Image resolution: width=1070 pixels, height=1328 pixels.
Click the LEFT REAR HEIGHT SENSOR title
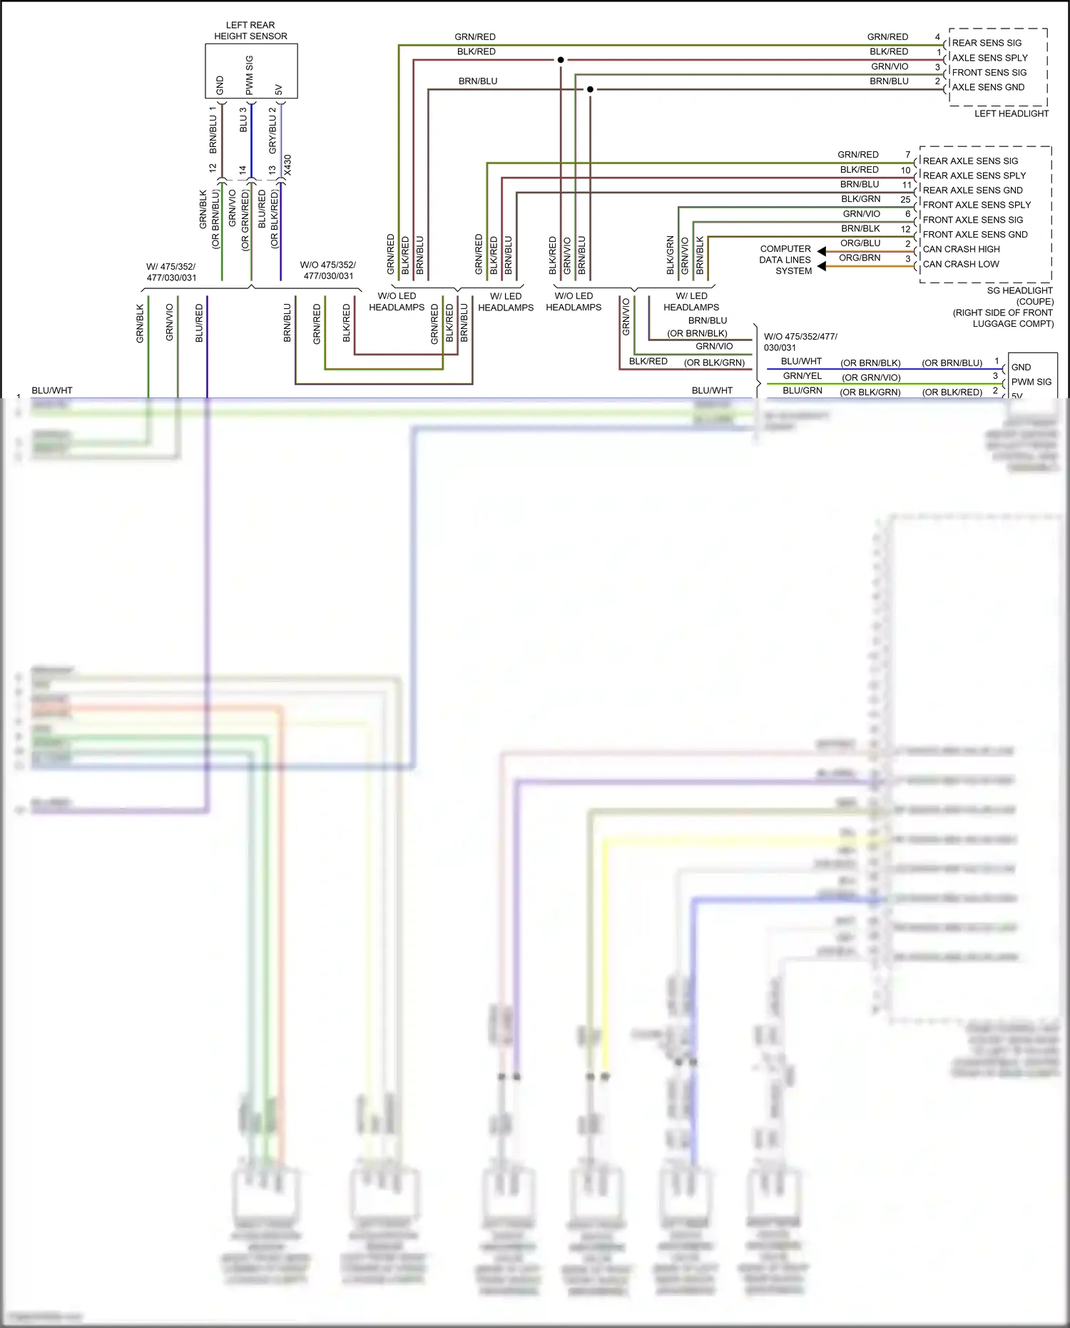click(x=250, y=31)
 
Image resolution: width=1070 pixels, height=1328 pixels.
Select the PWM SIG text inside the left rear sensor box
click(x=249, y=75)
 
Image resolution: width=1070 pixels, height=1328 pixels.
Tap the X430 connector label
click(x=287, y=166)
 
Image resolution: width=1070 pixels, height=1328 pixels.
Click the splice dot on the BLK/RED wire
click(x=561, y=60)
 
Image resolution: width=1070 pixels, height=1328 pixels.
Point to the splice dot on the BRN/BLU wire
click(x=590, y=89)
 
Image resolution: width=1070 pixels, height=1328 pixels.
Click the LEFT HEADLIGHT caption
click(x=1011, y=113)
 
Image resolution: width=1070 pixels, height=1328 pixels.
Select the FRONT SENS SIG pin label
click(x=989, y=72)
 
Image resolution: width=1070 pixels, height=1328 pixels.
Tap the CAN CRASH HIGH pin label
click(x=961, y=249)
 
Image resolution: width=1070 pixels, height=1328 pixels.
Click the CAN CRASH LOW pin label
click(x=960, y=264)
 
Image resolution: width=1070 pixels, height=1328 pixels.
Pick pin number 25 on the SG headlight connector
click(x=905, y=200)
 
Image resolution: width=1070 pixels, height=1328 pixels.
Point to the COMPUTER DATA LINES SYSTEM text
click(x=785, y=260)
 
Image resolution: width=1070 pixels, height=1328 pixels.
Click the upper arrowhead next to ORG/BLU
click(x=822, y=251)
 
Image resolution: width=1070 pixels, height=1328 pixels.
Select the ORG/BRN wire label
click(x=859, y=258)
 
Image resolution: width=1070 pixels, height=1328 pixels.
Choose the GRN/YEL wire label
click(x=802, y=376)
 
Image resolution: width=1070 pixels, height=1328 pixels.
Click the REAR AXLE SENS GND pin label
click(x=972, y=191)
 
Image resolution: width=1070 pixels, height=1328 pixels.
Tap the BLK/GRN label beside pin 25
click(x=860, y=199)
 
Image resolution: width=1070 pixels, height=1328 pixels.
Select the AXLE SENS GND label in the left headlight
click(x=988, y=87)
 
